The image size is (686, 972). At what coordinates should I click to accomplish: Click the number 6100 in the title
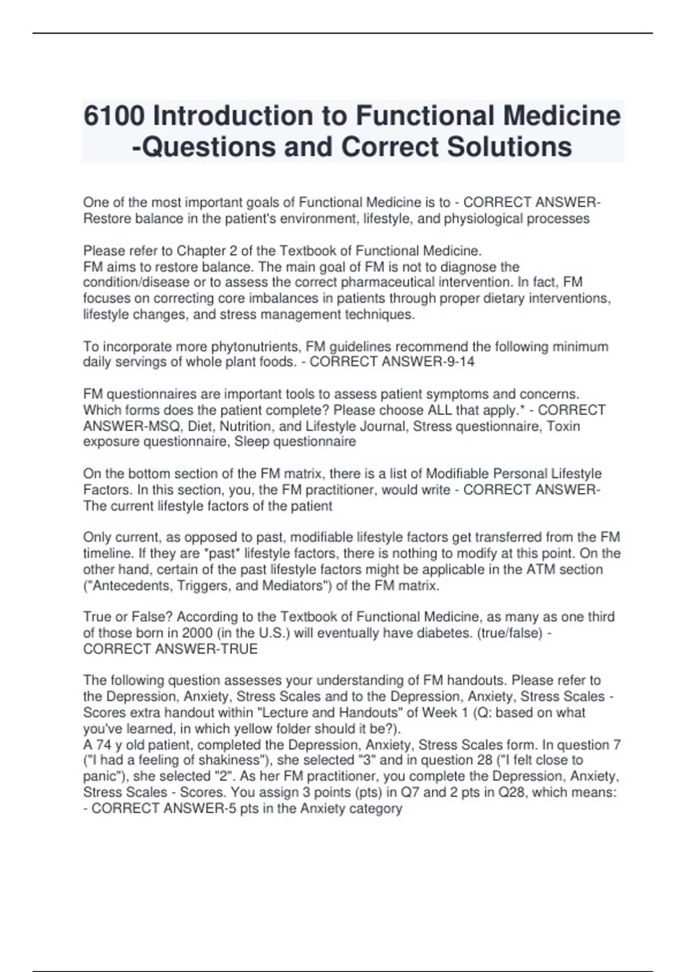point(114,116)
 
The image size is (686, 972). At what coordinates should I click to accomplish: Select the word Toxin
point(563,426)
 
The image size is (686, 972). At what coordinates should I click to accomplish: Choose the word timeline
point(109,553)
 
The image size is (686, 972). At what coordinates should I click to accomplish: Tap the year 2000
point(198,633)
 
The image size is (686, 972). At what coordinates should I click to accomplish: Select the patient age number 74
point(103,744)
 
